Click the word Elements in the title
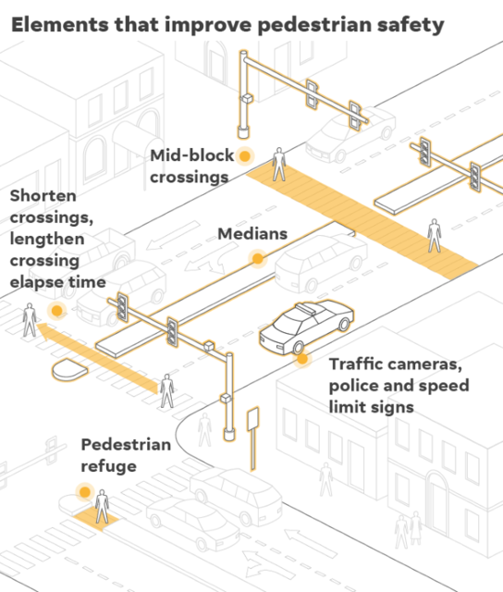[x=59, y=25]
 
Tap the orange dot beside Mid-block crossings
[x=245, y=156]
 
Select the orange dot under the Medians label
[x=258, y=259]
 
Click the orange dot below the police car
[x=301, y=359]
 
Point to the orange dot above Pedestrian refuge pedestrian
[x=85, y=492]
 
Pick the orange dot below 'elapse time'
[x=57, y=311]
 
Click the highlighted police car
[x=306, y=327]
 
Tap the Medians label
[x=252, y=234]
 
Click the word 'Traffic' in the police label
[x=356, y=364]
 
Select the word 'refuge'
[x=109, y=466]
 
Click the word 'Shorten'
[x=43, y=195]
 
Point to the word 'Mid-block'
[x=192, y=155]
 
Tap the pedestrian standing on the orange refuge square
[x=102, y=506]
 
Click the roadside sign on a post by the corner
[x=252, y=438]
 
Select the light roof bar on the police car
[x=306, y=308]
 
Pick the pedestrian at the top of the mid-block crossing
[x=279, y=165]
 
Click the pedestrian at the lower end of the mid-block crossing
[x=435, y=236]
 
